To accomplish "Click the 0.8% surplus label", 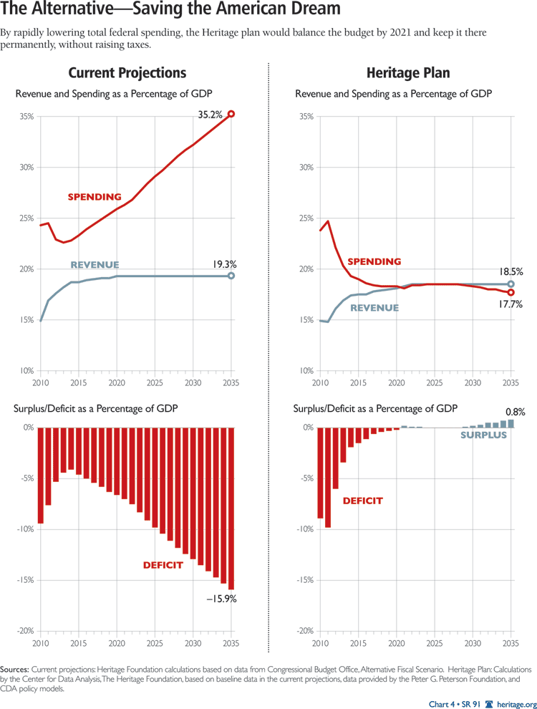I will tap(515, 412).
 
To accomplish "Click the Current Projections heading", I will tap(127, 73).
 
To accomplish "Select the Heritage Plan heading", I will tap(408, 73).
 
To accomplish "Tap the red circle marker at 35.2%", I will tap(231, 114).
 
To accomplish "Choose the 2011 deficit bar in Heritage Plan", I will tap(328, 477).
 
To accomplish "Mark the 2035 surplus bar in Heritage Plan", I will tap(511, 423).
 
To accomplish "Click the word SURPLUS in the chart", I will tap(483, 435).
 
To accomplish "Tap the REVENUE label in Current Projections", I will tap(93, 265).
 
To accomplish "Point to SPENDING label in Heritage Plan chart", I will tap(374, 262).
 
